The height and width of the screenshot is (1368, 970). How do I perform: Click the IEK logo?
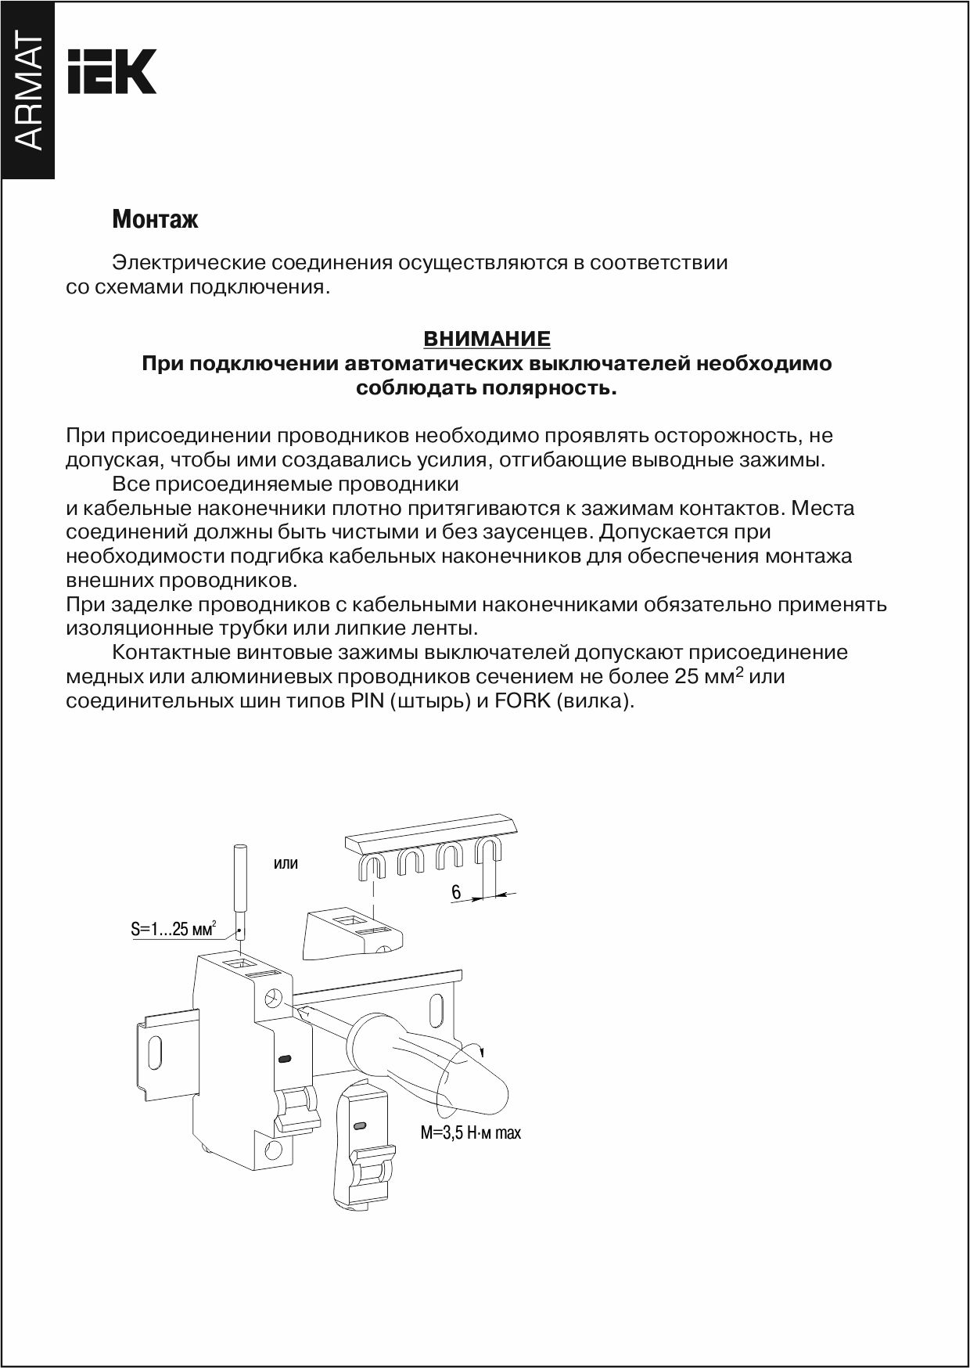(x=112, y=72)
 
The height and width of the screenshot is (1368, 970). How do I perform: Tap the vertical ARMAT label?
(x=28, y=92)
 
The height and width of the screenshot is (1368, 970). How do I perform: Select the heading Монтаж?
(x=155, y=219)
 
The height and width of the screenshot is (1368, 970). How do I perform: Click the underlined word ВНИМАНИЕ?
(x=487, y=339)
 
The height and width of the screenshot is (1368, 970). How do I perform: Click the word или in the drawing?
(x=286, y=864)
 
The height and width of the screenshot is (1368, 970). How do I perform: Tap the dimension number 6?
(x=456, y=892)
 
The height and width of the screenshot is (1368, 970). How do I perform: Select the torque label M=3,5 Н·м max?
(x=470, y=1132)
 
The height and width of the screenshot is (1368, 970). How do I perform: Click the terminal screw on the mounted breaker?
(x=275, y=999)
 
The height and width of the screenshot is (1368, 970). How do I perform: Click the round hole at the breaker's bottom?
(x=274, y=1150)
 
